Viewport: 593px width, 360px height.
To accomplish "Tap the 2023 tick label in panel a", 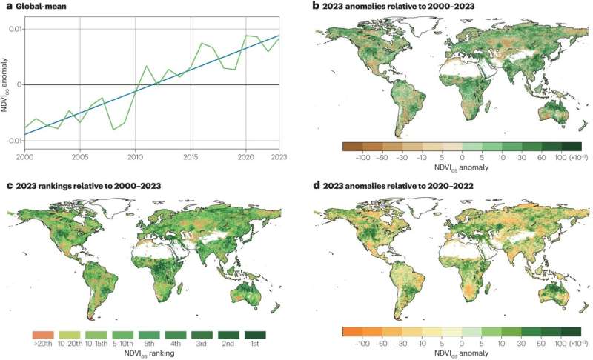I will pyautogui.click(x=279, y=157).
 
